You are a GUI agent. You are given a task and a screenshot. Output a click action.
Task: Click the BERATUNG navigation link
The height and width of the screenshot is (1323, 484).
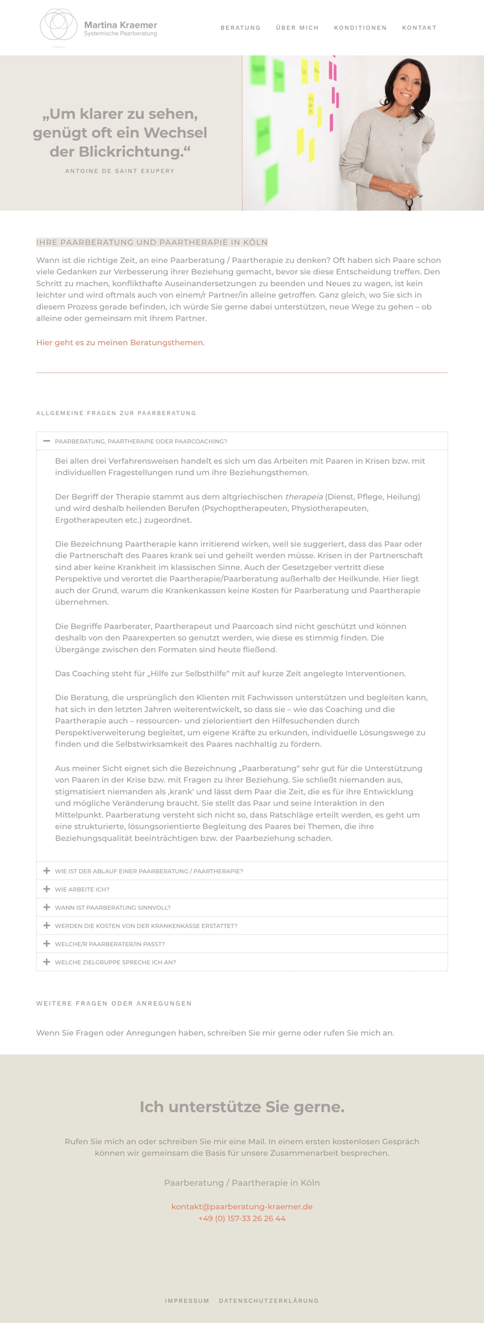pos(241,28)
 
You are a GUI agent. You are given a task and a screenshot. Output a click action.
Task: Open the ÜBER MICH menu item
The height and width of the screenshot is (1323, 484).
pos(297,28)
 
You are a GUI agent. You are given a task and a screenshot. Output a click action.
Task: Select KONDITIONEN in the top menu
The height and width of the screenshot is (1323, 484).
pos(360,28)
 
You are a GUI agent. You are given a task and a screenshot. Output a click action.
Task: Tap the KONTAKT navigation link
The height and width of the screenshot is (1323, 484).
pos(419,28)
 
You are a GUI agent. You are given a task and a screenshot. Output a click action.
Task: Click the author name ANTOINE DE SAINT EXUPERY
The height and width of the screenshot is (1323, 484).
pos(120,171)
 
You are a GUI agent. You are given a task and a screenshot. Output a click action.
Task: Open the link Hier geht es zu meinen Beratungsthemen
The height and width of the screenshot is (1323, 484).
pos(120,343)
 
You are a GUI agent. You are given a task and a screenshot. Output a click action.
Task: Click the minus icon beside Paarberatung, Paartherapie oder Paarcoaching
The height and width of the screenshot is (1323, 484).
pos(47,441)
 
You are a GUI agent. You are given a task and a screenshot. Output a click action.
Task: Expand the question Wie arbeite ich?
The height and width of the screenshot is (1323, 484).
pos(82,889)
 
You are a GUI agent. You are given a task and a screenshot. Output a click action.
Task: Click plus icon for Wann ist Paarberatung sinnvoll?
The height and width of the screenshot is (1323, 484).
pos(47,907)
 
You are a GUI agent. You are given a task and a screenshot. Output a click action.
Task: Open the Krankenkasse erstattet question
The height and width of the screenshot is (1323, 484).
pos(146,926)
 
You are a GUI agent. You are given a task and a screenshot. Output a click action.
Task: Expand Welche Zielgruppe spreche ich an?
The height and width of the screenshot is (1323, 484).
pos(115,962)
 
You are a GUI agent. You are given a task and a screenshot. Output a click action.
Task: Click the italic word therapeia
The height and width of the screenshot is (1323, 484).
pos(303,496)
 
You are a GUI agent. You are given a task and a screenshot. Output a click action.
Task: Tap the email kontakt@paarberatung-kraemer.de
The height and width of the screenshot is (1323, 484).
pos(242,1207)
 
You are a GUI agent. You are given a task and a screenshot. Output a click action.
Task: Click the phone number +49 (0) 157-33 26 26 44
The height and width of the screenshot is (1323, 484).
pos(242,1219)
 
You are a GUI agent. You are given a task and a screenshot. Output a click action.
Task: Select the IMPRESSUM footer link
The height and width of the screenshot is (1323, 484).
pos(187,1301)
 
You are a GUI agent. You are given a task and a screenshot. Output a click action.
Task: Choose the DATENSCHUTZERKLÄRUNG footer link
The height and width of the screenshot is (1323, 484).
pos(269,1301)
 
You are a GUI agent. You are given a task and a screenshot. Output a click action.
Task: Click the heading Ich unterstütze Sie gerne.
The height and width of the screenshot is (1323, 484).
pos(242,1107)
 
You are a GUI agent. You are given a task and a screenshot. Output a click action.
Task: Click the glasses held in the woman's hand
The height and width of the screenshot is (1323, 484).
pos(410,202)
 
